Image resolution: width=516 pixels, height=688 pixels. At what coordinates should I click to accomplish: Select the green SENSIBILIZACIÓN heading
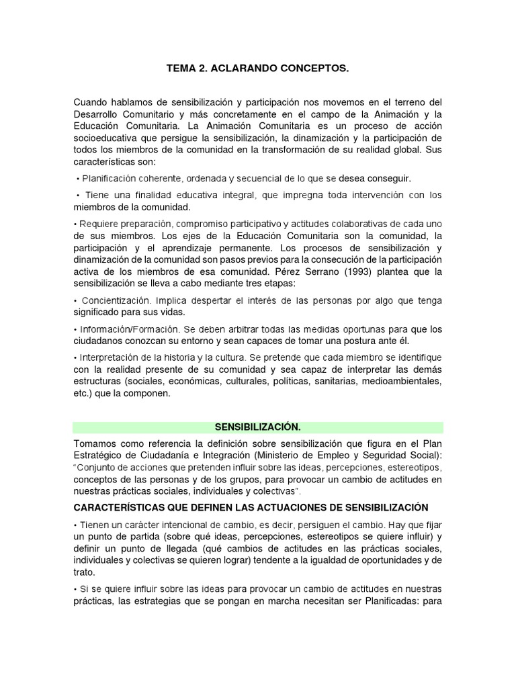(258, 427)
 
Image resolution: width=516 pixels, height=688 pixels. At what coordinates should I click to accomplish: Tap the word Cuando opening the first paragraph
(90, 102)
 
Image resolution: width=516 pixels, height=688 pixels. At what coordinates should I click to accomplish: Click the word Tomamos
(95, 444)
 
